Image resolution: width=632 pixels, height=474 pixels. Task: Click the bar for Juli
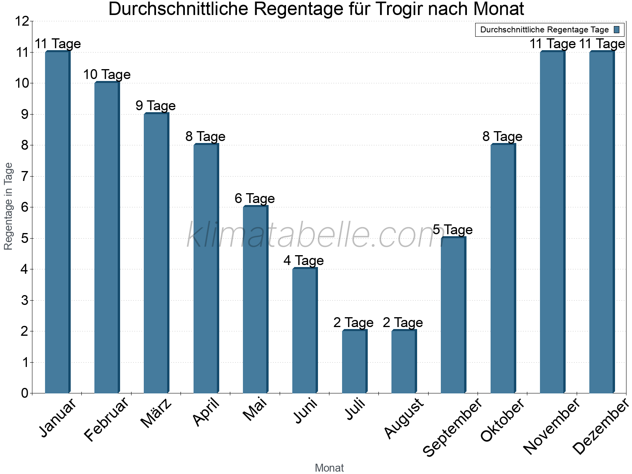point(354,361)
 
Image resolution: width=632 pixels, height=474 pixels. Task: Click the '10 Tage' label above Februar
point(107,75)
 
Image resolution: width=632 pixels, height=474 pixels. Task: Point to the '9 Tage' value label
point(156,106)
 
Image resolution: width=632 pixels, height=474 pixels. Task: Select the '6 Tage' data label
point(255,199)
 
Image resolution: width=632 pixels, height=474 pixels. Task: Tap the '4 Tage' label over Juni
point(304,261)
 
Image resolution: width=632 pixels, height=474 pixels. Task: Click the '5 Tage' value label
point(453,230)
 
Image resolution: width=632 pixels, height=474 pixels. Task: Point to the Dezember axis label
point(600,427)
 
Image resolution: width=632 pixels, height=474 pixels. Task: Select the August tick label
point(404,419)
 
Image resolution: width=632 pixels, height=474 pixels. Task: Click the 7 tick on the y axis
point(25,176)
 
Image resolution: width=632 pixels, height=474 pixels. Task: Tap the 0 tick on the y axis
point(25,393)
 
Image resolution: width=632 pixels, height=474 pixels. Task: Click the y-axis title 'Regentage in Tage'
point(8,207)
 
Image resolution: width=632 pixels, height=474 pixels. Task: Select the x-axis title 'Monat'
point(329,468)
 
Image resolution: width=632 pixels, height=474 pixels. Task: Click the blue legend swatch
point(617,30)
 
